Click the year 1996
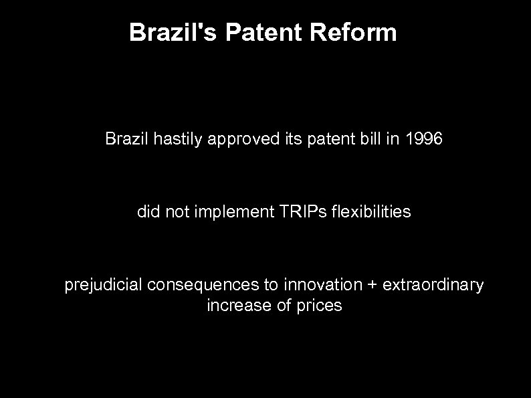425,139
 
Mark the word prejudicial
103,286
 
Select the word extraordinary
431,286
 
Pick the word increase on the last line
232,306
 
